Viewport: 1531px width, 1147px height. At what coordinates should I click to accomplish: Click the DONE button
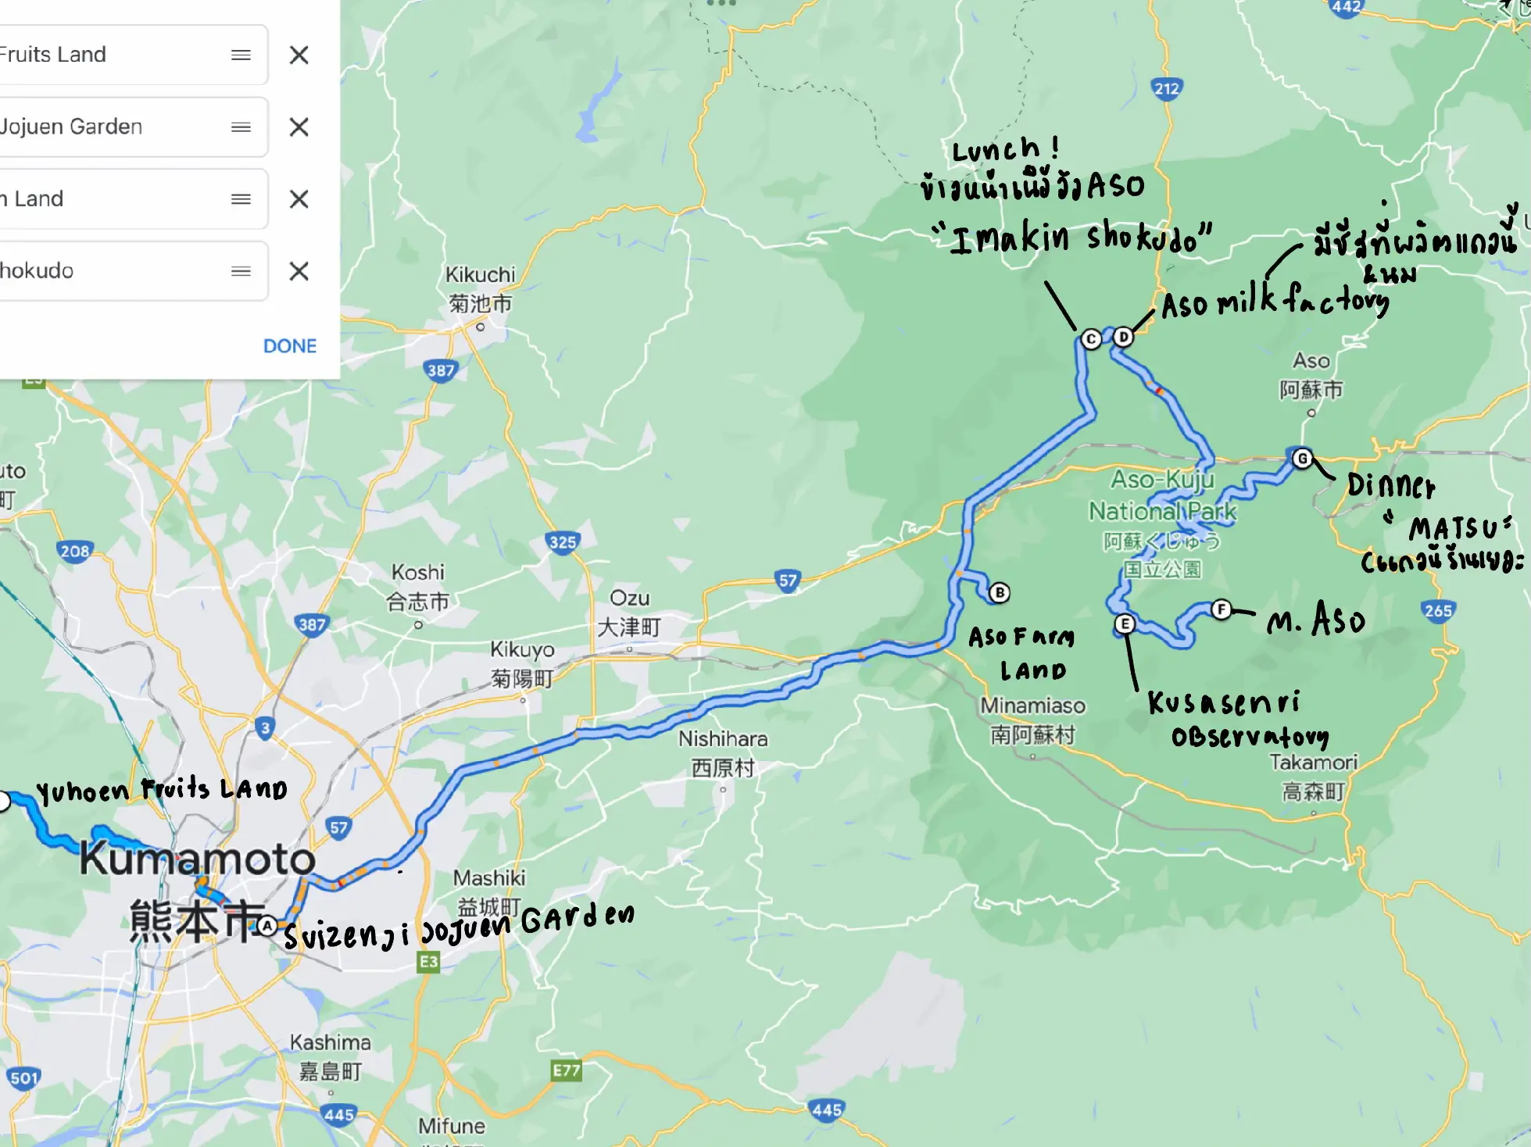click(290, 345)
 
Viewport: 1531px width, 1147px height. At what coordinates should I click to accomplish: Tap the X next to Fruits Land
click(299, 55)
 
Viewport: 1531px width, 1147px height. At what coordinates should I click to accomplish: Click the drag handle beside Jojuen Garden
click(241, 127)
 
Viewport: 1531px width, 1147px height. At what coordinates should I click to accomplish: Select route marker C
click(1091, 339)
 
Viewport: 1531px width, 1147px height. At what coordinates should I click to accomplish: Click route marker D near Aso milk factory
click(1123, 337)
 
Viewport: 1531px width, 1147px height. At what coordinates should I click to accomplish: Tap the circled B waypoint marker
click(999, 592)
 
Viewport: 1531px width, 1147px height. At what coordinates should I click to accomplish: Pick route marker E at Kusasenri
click(1124, 624)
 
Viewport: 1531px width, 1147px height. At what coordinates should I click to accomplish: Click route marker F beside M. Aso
click(1222, 609)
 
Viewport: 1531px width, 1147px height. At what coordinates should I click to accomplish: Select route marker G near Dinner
click(1302, 458)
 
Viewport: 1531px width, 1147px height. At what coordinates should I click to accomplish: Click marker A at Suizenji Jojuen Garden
click(267, 926)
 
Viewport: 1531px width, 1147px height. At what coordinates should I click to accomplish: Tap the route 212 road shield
click(1166, 88)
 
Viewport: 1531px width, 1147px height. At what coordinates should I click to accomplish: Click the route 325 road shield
click(563, 541)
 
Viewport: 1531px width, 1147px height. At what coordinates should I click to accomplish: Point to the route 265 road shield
click(1438, 610)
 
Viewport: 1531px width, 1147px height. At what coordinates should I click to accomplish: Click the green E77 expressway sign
click(566, 1070)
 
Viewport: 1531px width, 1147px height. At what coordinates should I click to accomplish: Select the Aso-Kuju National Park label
click(1162, 495)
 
